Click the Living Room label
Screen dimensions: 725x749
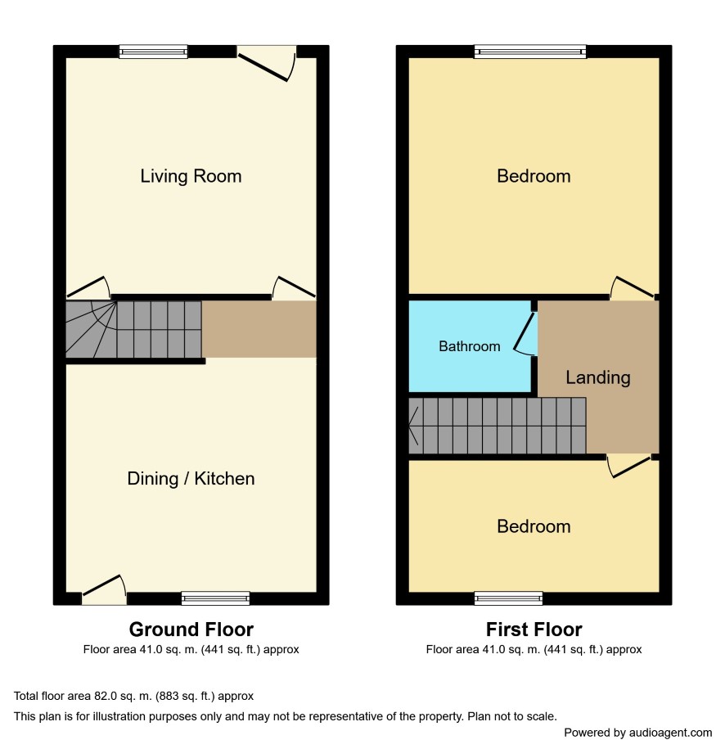[x=191, y=176]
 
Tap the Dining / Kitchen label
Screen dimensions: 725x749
[x=191, y=479]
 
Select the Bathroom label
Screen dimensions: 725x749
[x=470, y=346]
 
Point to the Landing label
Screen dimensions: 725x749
[x=598, y=378]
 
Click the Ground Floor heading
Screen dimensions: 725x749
[x=191, y=629]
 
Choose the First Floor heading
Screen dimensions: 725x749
[x=534, y=629]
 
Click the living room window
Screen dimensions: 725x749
[x=153, y=52]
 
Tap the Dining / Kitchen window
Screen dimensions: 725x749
[x=215, y=598]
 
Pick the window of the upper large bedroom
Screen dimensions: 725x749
[x=530, y=52]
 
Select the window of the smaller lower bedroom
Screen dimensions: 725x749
[x=508, y=598]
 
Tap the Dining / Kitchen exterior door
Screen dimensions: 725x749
[x=104, y=589]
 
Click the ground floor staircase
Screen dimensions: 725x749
[x=133, y=329]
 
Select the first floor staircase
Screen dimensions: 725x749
[x=498, y=426]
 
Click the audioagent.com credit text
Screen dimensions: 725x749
[x=637, y=733]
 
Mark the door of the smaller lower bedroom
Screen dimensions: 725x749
[x=629, y=467]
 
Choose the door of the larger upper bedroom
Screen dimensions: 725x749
[x=633, y=287]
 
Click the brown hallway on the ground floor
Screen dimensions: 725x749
[x=259, y=329]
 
